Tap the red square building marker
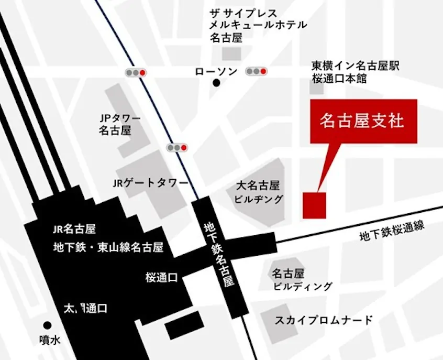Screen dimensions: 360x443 [x=315, y=205]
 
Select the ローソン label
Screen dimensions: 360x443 [x=216, y=71]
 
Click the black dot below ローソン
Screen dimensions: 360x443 [x=216, y=83]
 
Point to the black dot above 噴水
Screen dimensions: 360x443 [x=48, y=325]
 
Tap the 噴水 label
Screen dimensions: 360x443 [x=50, y=340]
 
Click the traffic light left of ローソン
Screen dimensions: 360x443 [x=136, y=72]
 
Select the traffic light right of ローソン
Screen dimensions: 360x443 [x=257, y=71]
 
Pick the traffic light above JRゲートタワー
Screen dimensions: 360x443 [x=177, y=148]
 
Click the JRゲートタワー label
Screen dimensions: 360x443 [x=150, y=183]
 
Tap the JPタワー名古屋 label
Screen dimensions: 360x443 [x=115, y=124]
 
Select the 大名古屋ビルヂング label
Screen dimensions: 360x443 [x=259, y=192]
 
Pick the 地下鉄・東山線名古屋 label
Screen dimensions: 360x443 [x=108, y=247]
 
